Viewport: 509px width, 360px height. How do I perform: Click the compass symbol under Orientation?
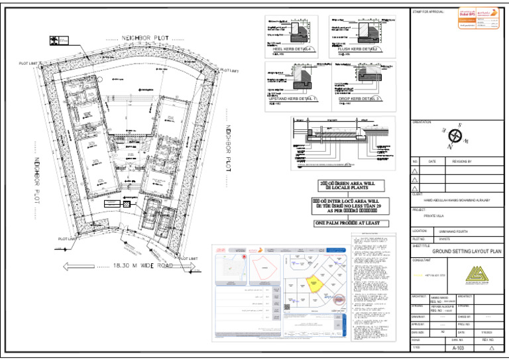[457, 136]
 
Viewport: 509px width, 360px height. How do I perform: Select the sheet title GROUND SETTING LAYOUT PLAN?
[467, 252]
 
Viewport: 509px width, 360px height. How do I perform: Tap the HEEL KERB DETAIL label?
[290, 49]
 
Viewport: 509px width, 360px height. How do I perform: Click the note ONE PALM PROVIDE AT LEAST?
[347, 223]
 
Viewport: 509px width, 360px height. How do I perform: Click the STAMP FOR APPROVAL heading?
[427, 12]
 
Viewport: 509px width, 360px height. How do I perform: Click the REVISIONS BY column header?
[462, 161]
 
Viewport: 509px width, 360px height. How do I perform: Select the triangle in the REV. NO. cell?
[491, 347]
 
